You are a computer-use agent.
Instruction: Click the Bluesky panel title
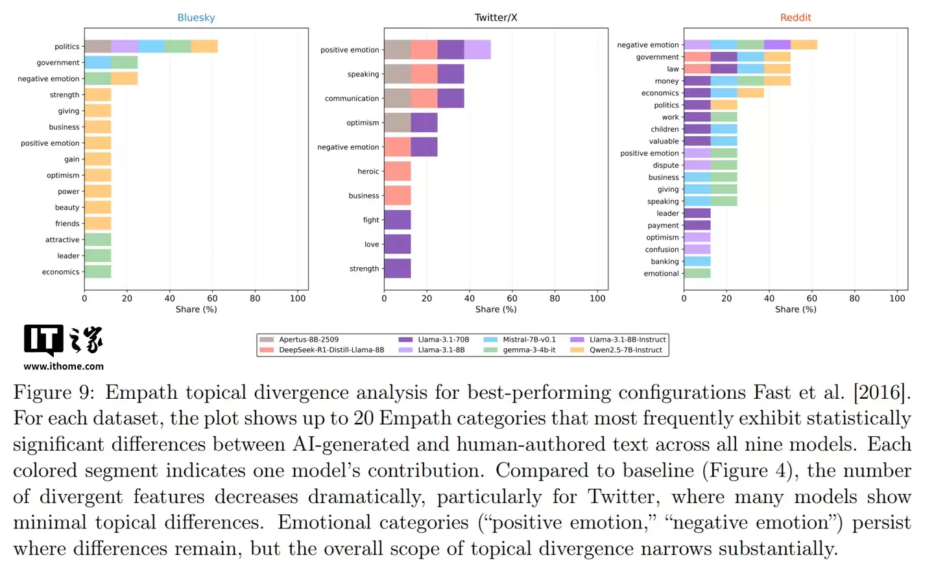196,18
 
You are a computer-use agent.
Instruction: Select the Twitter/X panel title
496,18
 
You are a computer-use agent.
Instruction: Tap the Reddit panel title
795,18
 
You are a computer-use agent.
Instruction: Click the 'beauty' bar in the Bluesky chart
98,207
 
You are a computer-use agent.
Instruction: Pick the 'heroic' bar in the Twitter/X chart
398,171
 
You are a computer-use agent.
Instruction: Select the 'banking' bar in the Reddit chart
697,261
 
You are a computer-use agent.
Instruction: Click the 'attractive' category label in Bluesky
62,240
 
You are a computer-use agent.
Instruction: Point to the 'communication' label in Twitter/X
352,99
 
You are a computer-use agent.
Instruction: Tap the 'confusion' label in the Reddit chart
662,250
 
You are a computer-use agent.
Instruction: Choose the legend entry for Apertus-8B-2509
308,339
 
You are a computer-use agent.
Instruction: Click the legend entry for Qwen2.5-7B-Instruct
625,350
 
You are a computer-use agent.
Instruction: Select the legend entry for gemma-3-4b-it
529,350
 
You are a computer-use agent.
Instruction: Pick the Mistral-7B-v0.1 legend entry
529,339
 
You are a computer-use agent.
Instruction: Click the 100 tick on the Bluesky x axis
298,298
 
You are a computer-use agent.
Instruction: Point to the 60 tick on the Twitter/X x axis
512,298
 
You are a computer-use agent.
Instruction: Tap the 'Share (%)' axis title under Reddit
795,309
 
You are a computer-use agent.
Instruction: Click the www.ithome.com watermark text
64,366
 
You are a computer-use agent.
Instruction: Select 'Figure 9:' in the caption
53,392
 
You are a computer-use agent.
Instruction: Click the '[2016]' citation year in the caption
883,392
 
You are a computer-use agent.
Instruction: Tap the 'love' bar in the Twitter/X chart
398,244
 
